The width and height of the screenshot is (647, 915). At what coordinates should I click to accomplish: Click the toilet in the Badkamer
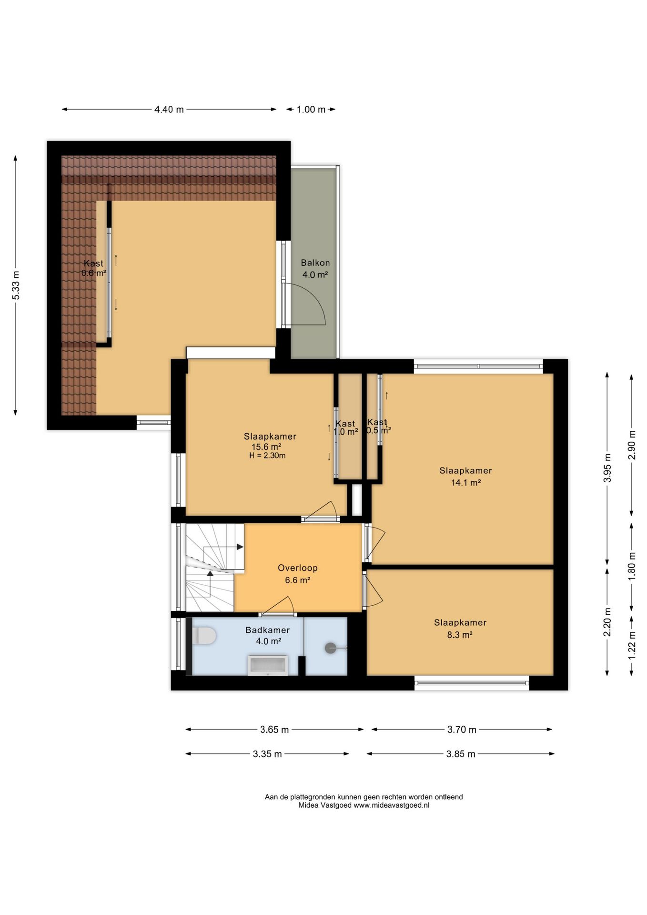point(204,636)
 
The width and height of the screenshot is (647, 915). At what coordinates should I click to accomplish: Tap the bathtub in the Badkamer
point(267,665)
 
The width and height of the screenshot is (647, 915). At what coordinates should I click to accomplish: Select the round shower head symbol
point(331,648)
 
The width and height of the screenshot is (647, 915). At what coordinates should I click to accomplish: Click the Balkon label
point(315,263)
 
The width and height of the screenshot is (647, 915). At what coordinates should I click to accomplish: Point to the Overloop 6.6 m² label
point(298,574)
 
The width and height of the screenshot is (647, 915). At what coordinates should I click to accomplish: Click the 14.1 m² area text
point(466,483)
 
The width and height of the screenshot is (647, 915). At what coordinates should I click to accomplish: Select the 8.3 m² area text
point(460,635)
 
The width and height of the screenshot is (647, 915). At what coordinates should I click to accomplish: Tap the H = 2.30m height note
point(267,456)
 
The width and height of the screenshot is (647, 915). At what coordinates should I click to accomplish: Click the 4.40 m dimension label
point(169,110)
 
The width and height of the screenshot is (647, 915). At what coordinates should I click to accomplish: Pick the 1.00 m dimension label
point(311,110)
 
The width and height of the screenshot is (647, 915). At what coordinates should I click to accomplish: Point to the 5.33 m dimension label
point(16,285)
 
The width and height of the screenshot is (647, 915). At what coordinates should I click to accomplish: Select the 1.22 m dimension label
point(632,645)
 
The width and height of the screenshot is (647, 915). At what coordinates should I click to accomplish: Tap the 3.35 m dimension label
point(267,754)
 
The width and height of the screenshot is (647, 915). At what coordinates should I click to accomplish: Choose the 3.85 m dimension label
point(461,754)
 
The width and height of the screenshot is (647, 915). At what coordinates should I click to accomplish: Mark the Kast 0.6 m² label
point(94,268)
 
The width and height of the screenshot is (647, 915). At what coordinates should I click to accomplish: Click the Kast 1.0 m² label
point(345,428)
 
